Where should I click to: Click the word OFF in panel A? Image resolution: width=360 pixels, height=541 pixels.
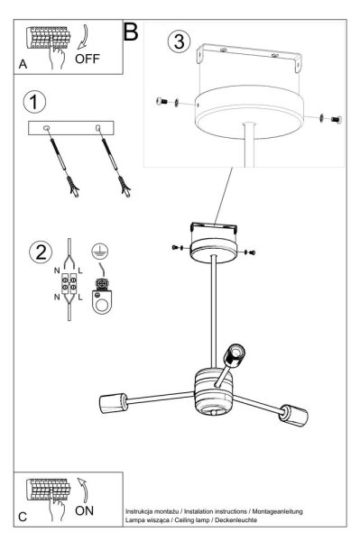87,59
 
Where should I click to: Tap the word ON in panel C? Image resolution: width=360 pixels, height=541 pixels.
84,510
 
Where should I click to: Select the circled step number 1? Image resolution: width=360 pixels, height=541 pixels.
34,102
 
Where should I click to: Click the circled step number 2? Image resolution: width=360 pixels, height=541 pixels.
41,252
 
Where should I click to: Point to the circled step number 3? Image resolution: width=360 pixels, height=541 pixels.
180,41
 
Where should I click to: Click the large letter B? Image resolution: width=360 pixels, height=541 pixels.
131,32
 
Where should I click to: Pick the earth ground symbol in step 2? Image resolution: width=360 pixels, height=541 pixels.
100,251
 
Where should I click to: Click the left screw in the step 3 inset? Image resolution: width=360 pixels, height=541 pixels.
162,101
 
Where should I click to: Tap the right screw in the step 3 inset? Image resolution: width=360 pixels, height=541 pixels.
337,119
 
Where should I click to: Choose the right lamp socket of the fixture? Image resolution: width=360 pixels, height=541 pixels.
294,415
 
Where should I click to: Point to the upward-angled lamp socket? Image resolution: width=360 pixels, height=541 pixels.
235,355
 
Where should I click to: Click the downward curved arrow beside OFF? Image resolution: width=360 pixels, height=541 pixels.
83,37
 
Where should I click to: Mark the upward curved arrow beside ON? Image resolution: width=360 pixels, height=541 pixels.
83,490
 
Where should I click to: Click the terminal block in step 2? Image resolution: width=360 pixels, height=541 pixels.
69,283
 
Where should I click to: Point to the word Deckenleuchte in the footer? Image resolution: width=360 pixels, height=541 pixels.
236,519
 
